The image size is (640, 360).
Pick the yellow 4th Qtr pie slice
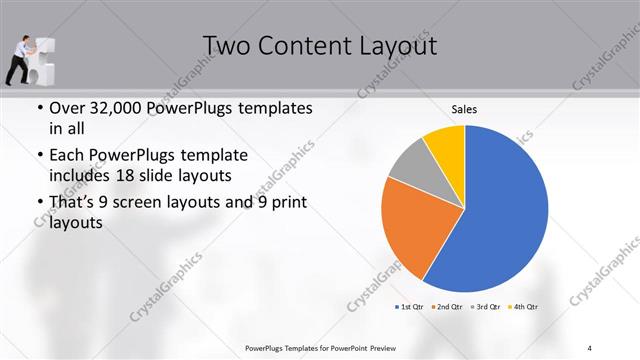tap(445, 145)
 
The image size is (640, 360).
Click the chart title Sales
tap(463, 108)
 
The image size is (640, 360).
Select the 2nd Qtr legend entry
tap(447, 305)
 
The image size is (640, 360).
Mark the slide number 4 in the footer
tap(590, 347)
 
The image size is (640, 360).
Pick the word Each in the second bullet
tap(67, 156)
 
